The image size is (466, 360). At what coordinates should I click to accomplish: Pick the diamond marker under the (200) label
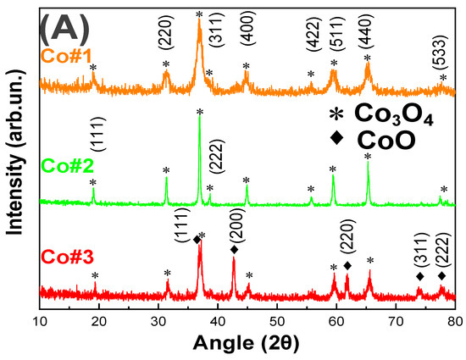tap(235, 250)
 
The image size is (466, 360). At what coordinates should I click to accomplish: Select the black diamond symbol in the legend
tap(338, 141)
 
